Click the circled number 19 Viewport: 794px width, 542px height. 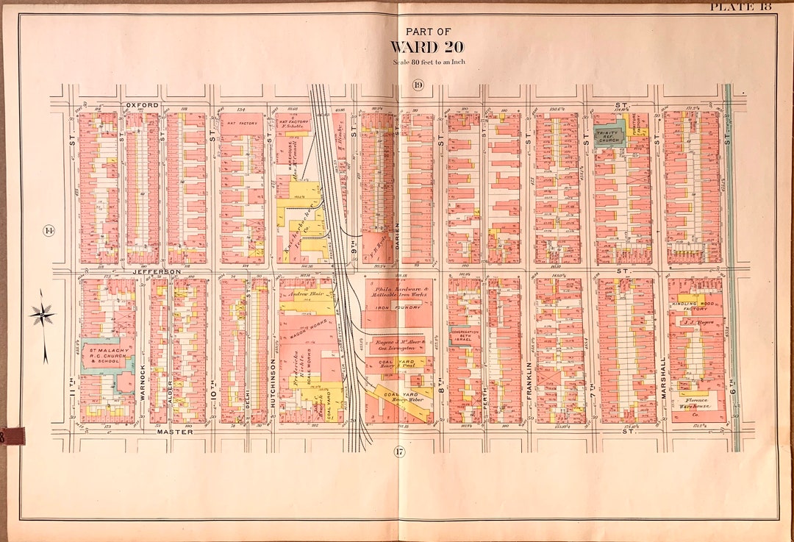pyautogui.click(x=418, y=85)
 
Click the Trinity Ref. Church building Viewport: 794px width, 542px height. pyautogui.click(x=609, y=135)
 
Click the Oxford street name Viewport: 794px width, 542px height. pyautogui.click(x=142, y=105)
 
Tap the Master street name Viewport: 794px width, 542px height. pyautogui.click(x=174, y=432)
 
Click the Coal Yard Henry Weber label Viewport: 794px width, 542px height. pyautogui.click(x=401, y=397)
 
